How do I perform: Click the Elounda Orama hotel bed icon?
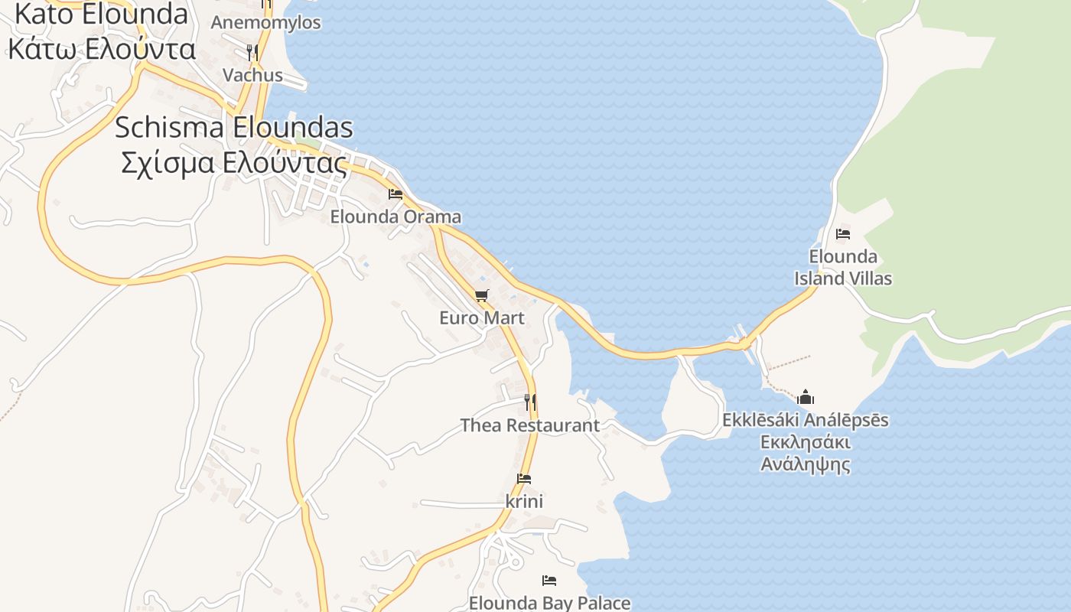tap(396, 194)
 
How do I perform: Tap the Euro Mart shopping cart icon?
tap(481, 295)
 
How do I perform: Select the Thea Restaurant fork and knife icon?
tap(529, 401)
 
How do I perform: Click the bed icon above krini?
tap(524, 479)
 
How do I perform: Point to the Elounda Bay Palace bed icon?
tap(549, 581)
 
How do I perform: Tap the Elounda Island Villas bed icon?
tap(843, 234)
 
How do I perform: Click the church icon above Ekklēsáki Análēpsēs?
tap(806, 397)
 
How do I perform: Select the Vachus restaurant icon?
tap(252, 52)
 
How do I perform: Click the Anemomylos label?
tap(265, 22)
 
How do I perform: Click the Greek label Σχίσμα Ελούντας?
tap(234, 162)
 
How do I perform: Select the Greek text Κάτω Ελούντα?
tap(102, 49)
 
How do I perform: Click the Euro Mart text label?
tap(482, 317)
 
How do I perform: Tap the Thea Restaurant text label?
tap(530, 425)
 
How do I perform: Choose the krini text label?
tap(524, 502)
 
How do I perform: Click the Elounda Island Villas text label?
tap(843, 267)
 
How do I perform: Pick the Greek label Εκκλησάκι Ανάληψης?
tap(806, 453)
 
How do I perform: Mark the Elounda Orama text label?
tap(396, 216)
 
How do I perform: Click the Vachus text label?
tap(252, 75)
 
